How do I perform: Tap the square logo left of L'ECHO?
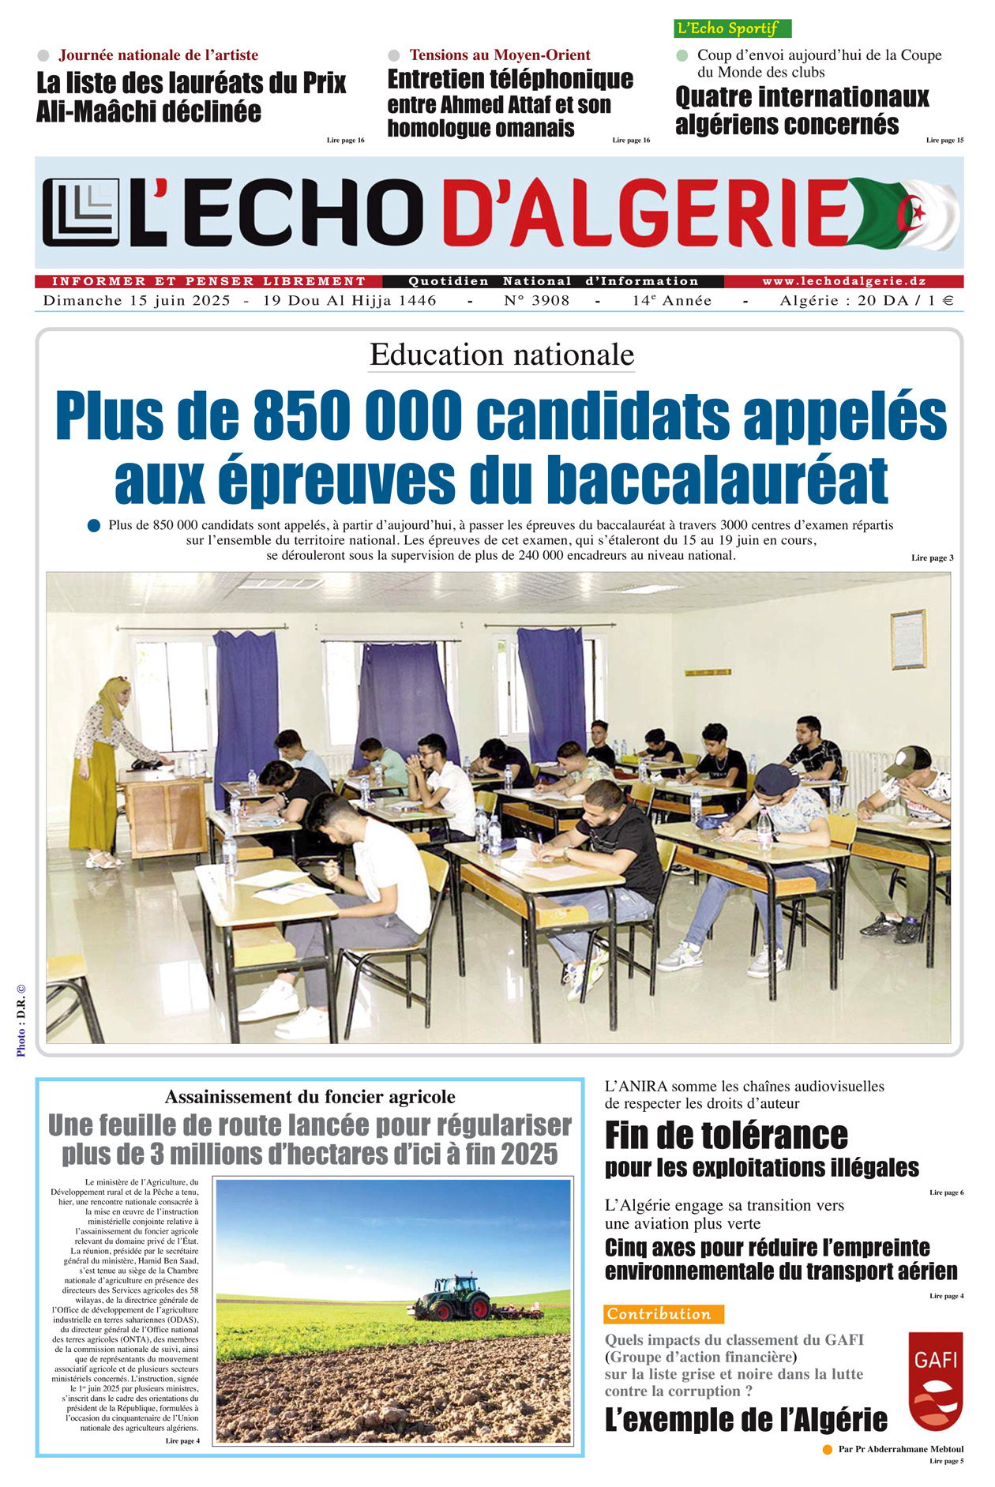coord(81,212)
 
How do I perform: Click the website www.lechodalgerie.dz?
coord(843,281)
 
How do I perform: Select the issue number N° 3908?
coord(536,301)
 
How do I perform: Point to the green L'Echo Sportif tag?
coord(732,28)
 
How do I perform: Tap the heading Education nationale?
coord(501,355)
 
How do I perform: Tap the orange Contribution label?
coord(663,1314)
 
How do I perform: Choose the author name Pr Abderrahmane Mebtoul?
coord(900,1449)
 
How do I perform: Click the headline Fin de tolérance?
coord(727,1136)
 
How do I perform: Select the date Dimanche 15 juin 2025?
coord(137,301)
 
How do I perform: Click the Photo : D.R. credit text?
coord(21,1019)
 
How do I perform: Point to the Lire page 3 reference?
coord(932,558)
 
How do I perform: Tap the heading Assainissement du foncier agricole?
coord(310,1097)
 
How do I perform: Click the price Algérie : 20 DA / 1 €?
coord(866,301)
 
